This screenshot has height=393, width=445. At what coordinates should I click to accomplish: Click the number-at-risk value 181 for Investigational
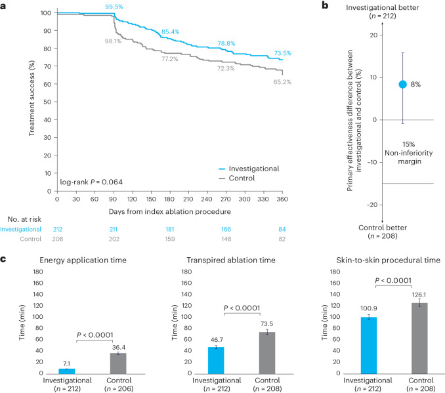click(x=171, y=229)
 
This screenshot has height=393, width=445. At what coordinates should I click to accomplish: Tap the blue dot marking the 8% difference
click(x=403, y=84)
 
